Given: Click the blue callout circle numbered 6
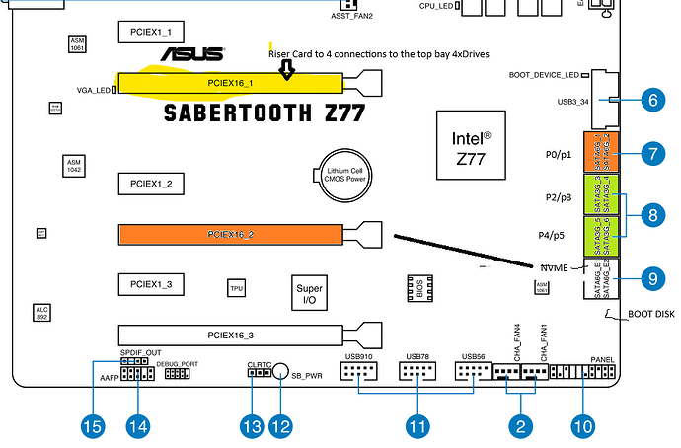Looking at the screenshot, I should click(x=649, y=99).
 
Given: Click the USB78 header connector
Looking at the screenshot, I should click(x=416, y=372).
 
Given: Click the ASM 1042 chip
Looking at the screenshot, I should click(x=74, y=163).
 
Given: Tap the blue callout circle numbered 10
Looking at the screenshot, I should click(x=583, y=426).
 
